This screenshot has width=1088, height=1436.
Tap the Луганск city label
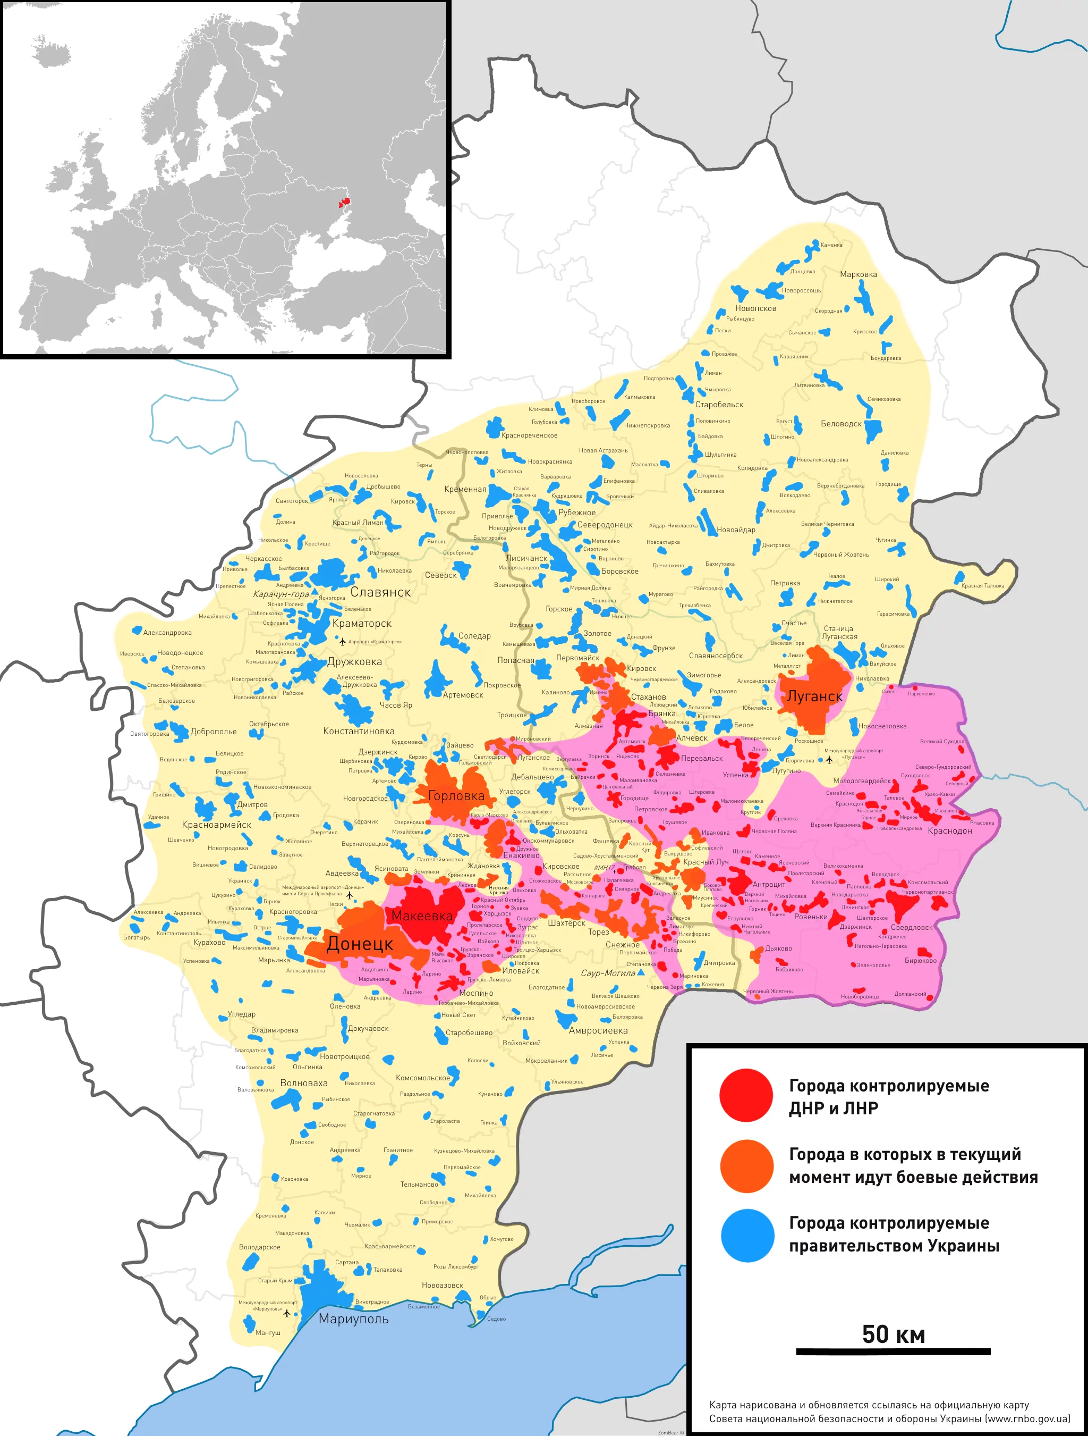814,696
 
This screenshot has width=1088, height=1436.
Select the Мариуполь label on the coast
354,1319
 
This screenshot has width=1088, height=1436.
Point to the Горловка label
456,796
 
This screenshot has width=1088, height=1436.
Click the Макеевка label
422,916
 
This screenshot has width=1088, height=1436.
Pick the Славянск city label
381,592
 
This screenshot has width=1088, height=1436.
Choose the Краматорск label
362,623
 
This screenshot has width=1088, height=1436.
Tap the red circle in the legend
746,1095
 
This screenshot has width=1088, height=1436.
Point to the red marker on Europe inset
343,203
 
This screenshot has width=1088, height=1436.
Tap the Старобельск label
719,405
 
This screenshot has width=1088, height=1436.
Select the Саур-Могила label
608,973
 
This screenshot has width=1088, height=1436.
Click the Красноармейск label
216,825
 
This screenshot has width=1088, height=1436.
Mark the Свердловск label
912,928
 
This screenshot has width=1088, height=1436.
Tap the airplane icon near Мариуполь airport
287,1313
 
